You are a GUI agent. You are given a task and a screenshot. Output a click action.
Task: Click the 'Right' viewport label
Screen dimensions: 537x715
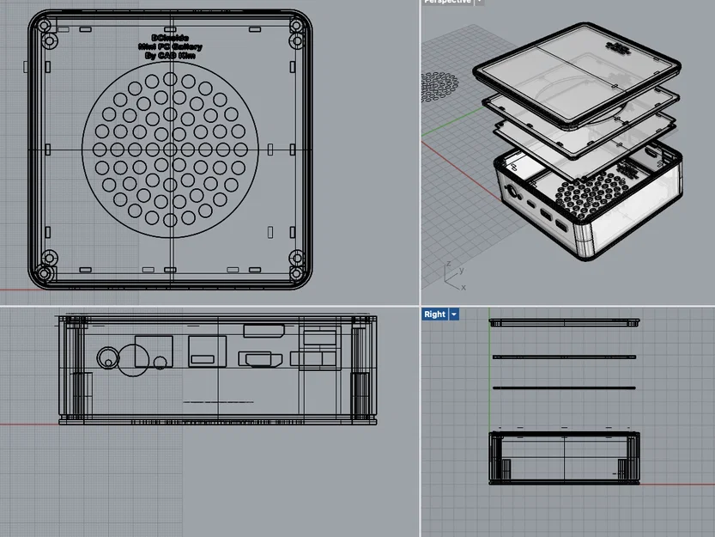coord(435,314)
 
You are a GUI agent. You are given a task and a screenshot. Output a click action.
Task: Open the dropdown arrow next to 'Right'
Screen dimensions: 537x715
coord(453,314)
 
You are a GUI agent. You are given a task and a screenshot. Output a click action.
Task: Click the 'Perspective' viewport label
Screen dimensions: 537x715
coord(447,2)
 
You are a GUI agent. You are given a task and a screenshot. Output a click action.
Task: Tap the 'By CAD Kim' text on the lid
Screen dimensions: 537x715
coord(170,54)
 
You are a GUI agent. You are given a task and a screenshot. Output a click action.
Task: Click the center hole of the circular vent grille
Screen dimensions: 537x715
coord(170,149)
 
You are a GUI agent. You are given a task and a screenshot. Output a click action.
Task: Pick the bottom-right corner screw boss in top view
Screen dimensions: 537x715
coord(296,257)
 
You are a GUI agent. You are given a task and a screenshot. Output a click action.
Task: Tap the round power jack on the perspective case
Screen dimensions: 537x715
coord(513,192)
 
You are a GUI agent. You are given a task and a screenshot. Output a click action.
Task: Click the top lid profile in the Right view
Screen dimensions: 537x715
coord(565,324)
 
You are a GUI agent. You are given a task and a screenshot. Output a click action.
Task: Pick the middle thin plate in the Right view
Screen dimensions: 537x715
coord(565,357)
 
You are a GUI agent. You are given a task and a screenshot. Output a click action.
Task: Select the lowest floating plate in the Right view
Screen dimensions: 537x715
coord(565,388)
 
